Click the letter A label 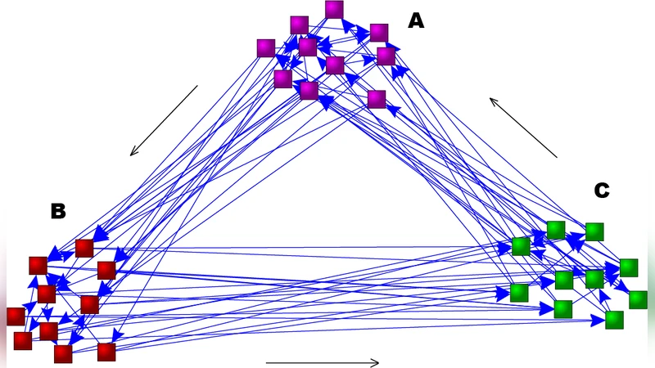click(x=416, y=21)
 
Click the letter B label click(x=58, y=211)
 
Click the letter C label click(x=602, y=191)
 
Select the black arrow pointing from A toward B click(x=164, y=120)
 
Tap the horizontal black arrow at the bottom click(x=323, y=362)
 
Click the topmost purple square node click(x=334, y=9)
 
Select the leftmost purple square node click(x=265, y=48)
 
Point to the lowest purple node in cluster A click(x=377, y=99)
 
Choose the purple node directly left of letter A click(x=378, y=33)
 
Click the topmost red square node click(x=84, y=248)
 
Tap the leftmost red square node click(x=16, y=316)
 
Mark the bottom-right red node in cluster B click(x=106, y=352)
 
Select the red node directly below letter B click(x=38, y=265)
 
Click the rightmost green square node click(x=638, y=299)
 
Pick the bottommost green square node click(x=614, y=319)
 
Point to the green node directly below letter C click(x=594, y=231)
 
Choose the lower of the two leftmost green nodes click(x=519, y=293)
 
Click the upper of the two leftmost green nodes click(x=521, y=246)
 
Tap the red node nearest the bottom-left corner click(x=23, y=340)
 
